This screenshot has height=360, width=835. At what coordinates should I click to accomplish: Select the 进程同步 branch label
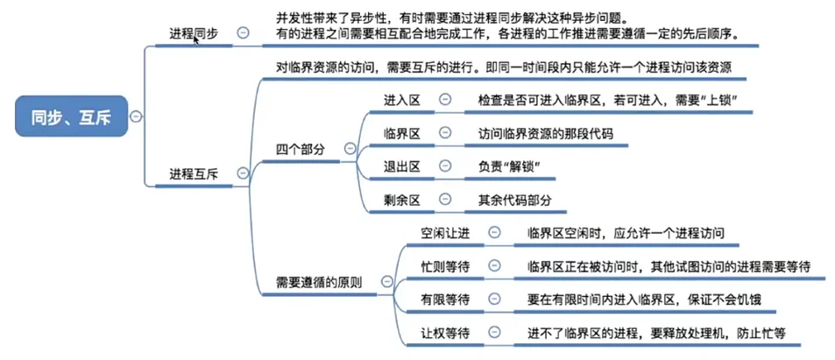pyautogui.click(x=194, y=33)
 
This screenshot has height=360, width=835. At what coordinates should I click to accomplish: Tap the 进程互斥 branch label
pyautogui.click(x=194, y=174)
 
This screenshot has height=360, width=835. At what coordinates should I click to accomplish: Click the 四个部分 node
pyautogui.click(x=301, y=149)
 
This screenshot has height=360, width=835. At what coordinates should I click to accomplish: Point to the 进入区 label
pyautogui.click(x=402, y=100)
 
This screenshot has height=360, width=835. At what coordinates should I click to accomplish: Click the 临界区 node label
pyautogui.click(x=402, y=133)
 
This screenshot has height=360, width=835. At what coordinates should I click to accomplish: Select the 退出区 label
pyautogui.click(x=402, y=166)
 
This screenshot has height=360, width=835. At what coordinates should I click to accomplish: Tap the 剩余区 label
pyautogui.click(x=402, y=200)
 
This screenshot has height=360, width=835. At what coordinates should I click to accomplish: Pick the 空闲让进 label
pyautogui.click(x=445, y=233)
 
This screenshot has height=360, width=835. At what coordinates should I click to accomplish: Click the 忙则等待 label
pyautogui.click(x=445, y=266)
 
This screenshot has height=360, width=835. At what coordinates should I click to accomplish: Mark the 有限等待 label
pyautogui.click(x=445, y=300)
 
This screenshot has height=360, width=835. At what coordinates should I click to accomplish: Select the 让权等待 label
pyautogui.click(x=445, y=333)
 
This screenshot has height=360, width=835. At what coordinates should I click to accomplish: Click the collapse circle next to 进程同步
pyautogui.click(x=243, y=32)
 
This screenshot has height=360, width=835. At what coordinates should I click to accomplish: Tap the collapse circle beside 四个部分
pyautogui.click(x=350, y=149)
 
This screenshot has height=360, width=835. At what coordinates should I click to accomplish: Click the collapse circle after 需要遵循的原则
pyautogui.click(x=383, y=282)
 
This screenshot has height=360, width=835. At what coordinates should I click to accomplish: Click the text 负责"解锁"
pyautogui.click(x=506, y=166)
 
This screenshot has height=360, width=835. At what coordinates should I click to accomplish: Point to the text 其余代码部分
pyautogui.click(x=515, y=200)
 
